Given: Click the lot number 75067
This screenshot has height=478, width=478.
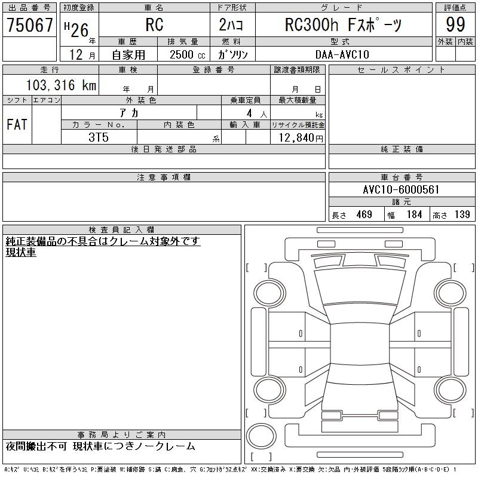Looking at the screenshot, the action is (x=30, y=25).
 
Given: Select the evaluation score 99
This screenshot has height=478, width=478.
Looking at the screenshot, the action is (x=455, y=24).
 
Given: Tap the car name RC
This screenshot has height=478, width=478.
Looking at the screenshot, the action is (x=155, y=24).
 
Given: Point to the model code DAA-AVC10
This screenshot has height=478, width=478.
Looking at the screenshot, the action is (x=342, y=54).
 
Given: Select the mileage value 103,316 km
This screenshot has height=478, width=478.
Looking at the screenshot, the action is (x=62, y=85).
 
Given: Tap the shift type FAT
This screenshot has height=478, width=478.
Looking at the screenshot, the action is (x=17, y=124).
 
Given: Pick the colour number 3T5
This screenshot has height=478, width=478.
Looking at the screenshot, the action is (x=99, y=137).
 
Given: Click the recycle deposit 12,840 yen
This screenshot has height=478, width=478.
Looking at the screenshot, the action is (x=301, y=138).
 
